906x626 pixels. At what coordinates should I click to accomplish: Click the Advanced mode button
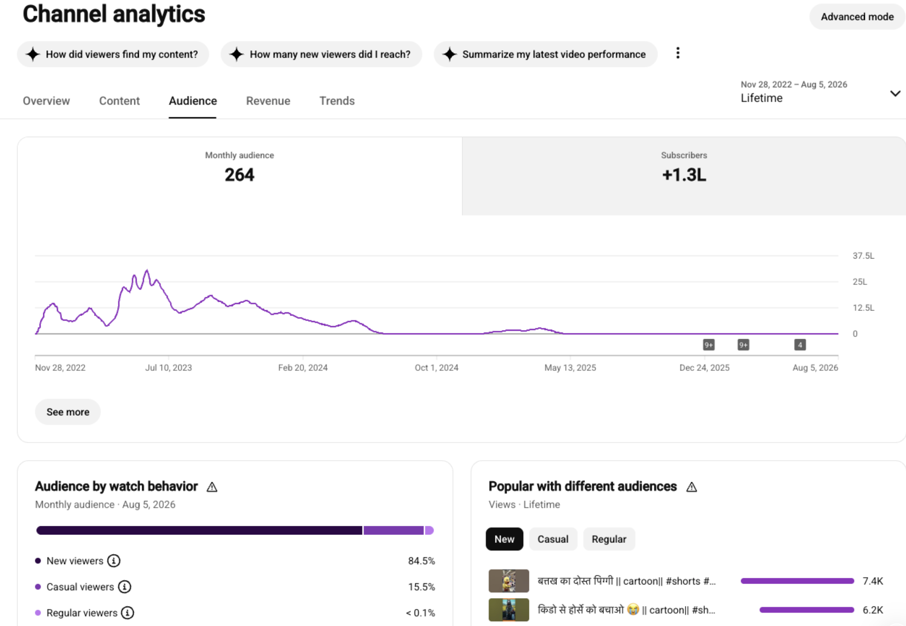[857, 17]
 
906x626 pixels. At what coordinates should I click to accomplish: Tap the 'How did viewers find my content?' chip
[113, 54]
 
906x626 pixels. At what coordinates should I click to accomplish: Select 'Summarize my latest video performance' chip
[545, 54]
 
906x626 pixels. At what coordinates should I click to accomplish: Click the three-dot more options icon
[678, 53]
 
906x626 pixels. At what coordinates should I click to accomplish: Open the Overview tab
[46, 101]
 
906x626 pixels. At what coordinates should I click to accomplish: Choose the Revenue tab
[268, 101]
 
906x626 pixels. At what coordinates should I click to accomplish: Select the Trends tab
[337, 101]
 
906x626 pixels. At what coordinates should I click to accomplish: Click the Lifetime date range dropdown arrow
[895, 94]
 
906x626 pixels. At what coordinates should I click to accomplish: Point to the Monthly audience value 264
[239, 175]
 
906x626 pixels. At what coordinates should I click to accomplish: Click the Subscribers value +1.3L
[684, 175]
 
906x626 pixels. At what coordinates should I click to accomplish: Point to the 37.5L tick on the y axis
[863, 256]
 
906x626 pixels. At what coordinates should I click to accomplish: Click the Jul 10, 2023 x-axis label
[168, 367]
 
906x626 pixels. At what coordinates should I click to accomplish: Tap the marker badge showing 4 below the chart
[800, 345]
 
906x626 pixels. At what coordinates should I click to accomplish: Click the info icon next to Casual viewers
[125, 587]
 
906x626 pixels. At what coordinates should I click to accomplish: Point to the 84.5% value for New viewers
[421, 561]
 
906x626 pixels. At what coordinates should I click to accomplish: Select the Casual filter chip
[553, 539]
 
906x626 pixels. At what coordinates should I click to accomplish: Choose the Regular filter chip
[609, 539]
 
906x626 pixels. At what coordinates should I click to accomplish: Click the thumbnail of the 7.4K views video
[509, 581]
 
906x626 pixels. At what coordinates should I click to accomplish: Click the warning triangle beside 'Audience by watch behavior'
[212, 487]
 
